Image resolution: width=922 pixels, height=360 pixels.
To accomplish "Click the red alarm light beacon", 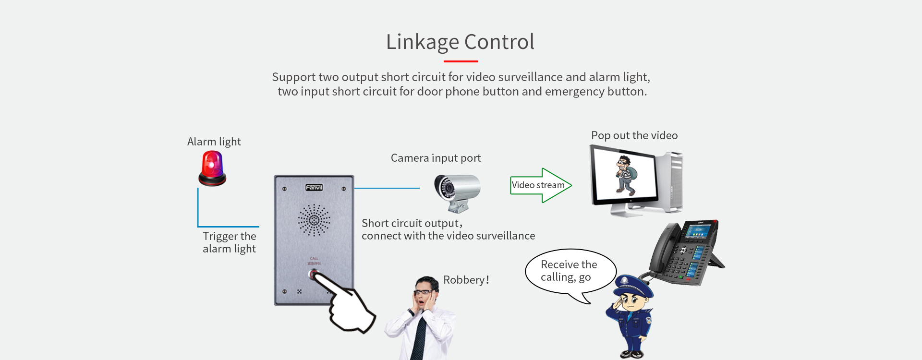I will [212, 168].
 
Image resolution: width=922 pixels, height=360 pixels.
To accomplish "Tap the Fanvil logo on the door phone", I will [314, 188].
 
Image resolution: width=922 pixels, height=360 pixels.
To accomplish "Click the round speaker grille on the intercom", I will [314, 220].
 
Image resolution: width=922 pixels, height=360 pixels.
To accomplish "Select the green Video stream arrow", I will [540, 185].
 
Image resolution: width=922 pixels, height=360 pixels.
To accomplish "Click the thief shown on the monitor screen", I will [626, 174].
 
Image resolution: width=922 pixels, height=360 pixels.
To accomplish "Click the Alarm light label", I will [214, 142].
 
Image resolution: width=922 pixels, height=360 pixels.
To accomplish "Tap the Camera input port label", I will [436, 158].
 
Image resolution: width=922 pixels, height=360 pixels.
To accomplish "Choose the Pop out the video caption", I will [634, 135].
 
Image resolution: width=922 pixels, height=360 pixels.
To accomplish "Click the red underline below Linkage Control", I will [461, 61].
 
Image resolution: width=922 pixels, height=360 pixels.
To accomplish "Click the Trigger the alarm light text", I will [229, 242].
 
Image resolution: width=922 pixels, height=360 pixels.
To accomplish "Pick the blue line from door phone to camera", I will [387, 188].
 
